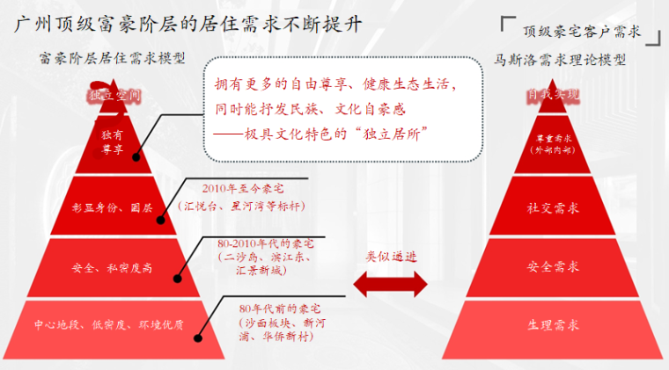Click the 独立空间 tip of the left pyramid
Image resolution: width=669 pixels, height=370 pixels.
114,94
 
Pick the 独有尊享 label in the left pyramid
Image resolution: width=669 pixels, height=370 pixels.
113,142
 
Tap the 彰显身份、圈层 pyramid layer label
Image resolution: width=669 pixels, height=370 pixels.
113,208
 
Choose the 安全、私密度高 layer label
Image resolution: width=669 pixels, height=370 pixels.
113,267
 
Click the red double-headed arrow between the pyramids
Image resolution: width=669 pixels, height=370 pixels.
390,282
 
